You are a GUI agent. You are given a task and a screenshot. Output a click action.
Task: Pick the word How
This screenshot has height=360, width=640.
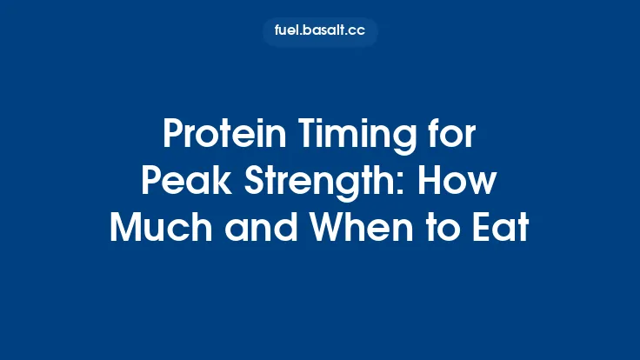(x=464, y=183)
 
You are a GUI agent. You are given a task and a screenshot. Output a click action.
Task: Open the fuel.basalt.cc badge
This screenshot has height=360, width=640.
(x=320, y=31)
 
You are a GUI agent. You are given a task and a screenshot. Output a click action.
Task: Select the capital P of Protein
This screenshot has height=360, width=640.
(x=172, y=137)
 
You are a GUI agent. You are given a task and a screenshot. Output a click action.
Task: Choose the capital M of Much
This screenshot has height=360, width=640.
(x=126, y=228)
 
